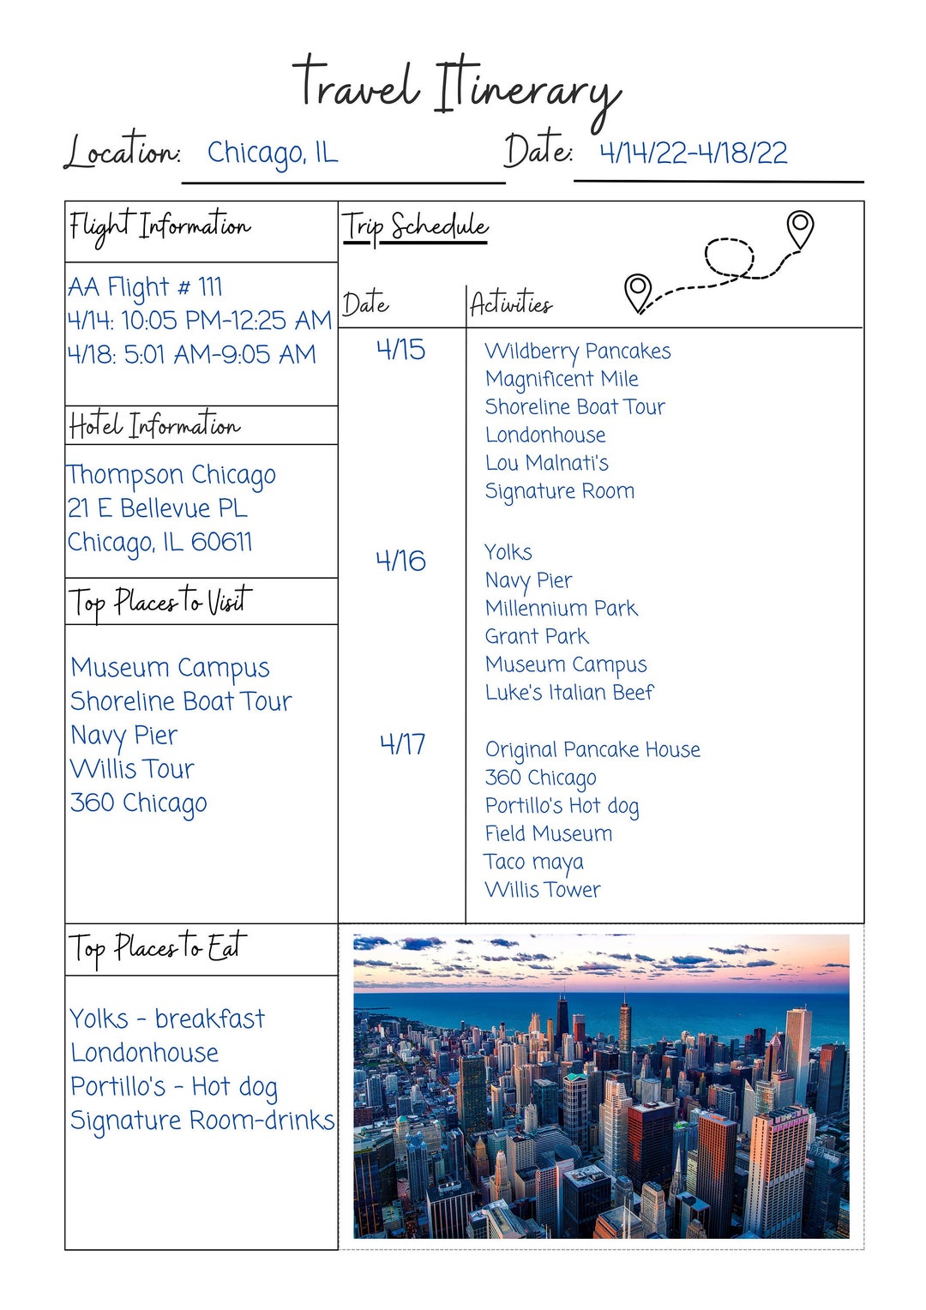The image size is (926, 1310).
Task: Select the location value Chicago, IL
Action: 273,153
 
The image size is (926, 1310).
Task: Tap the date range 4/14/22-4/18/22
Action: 693,153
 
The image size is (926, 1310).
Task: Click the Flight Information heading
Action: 159,227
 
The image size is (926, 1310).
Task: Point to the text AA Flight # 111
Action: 145,286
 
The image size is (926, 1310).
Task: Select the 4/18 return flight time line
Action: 191,354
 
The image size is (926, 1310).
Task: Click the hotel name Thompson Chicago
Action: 171,475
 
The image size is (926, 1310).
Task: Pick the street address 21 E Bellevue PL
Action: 158,508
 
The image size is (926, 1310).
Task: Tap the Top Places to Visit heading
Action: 160,602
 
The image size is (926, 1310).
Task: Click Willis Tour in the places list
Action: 132,769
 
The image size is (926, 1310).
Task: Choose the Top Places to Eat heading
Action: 158,947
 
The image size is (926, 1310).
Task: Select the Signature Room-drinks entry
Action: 201,1121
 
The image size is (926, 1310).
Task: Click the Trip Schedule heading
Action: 415,227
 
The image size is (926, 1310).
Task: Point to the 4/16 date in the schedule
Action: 400,562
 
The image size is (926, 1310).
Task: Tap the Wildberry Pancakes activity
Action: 577,352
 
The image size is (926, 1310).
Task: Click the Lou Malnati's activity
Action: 546,463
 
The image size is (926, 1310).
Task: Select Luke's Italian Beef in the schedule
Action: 569,693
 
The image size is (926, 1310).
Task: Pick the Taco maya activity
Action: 533,862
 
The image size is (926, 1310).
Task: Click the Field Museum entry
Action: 549,833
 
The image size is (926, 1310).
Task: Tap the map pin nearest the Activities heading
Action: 638,292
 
